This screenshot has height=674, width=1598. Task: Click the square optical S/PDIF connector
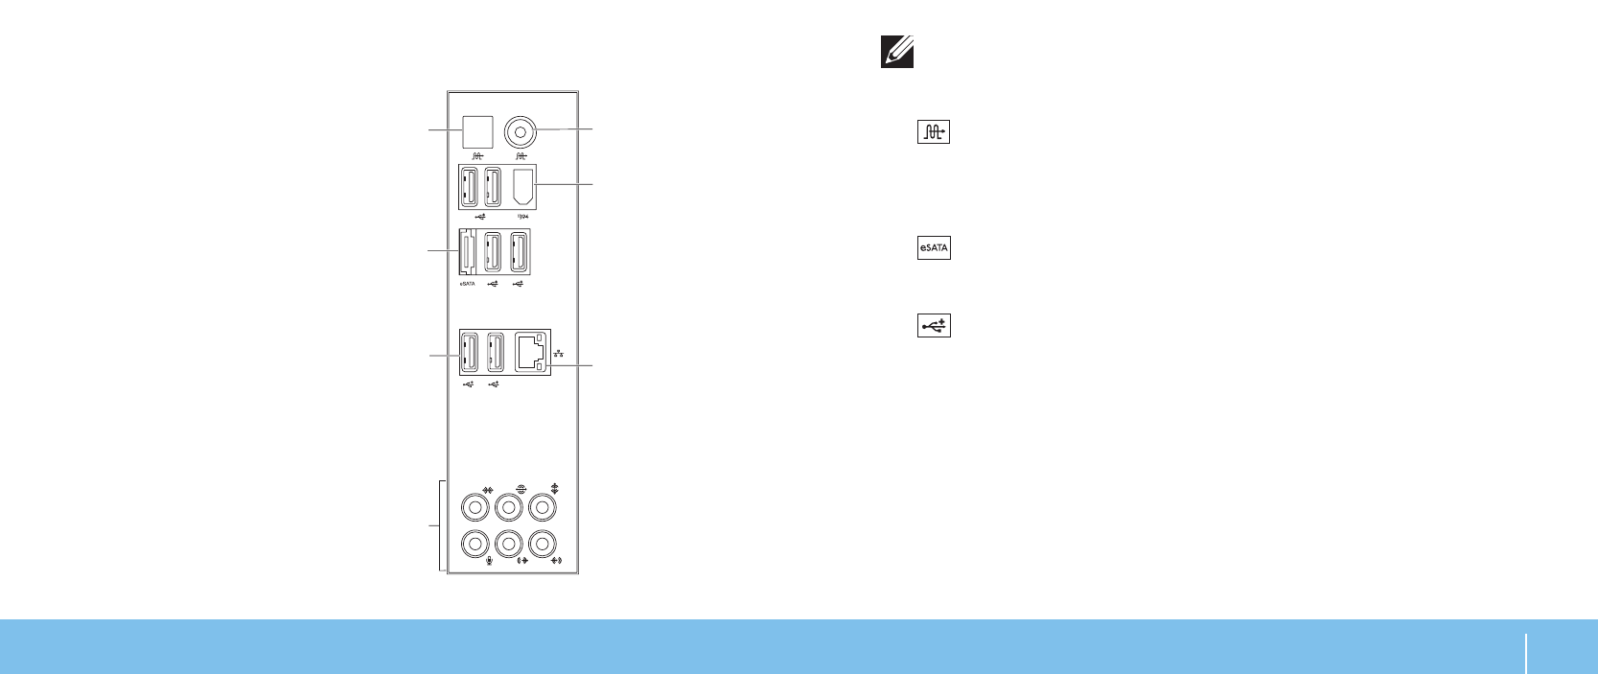(x=477, y=131)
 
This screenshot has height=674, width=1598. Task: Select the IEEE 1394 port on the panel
(x=522, y=186)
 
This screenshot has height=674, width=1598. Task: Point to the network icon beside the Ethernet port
(x=559, y=354)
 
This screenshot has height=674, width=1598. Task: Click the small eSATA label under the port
(x=467, y=284)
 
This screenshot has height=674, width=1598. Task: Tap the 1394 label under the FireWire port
(x=523, y=217)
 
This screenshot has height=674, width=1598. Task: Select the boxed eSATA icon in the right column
(x=934, y=248)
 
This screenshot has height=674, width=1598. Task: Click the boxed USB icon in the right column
(x=934, y=326)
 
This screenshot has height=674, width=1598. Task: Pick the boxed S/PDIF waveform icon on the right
(x=934, y=132)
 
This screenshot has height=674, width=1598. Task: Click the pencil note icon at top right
(x=897, y=52)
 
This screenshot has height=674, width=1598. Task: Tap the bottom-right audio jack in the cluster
(x=543, y=544)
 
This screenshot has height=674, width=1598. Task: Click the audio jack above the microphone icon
(x=475, y=544)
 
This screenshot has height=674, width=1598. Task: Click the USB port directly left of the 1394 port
(x=494, y=186)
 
